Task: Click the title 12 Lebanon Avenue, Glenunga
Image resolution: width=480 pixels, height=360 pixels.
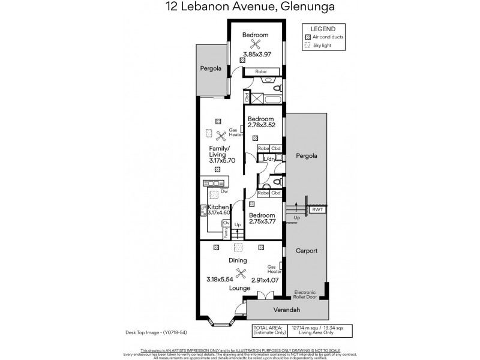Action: [x=239, y=8]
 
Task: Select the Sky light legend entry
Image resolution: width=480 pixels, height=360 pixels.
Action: [x=321, y=44]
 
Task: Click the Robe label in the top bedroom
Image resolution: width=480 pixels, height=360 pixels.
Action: [x=261, y=71]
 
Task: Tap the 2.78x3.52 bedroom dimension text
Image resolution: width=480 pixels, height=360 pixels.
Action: [x=261, y=125]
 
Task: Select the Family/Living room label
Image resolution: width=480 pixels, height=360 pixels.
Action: [x=220, y=151]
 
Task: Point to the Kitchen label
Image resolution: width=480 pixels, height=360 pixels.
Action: [x=218, y=207]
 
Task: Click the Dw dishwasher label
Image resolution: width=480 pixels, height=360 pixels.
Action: [x=224, y=191]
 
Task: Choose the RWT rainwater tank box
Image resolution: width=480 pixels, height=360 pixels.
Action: [x=316, y=209]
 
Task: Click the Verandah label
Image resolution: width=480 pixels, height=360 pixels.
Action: [x=287, y=310]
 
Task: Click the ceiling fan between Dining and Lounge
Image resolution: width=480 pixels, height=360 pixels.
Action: [x=241, y=274]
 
